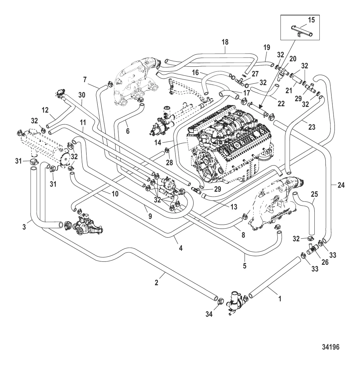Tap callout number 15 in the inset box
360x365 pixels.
point(311,20)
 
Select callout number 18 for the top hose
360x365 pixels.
point(225,42)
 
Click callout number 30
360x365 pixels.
point(82,96)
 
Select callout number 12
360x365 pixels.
point(45,110)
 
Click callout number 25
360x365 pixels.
point(314,194)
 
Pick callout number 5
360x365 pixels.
point(245,266)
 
